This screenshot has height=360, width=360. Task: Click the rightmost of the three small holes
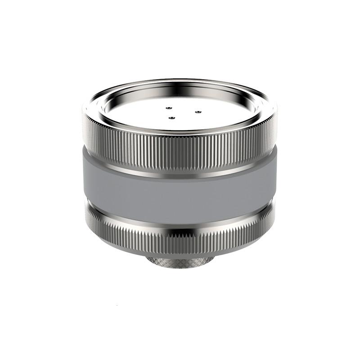pos(197,112)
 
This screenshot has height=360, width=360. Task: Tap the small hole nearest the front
pos(171,118)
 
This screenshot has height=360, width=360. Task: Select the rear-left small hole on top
pos(168,108)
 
